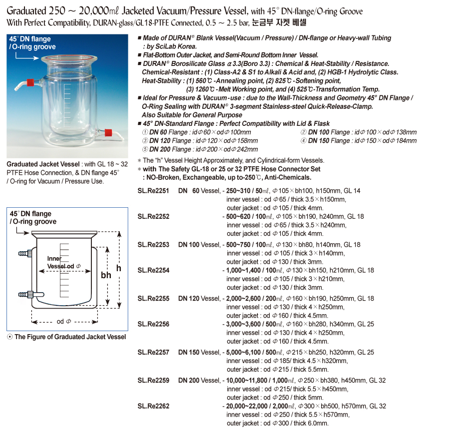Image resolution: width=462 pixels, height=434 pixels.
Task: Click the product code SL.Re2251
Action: (153, 191)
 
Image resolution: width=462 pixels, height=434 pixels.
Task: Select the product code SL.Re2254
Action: (153, 270)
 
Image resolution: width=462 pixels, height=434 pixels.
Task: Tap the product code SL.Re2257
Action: (153, 353)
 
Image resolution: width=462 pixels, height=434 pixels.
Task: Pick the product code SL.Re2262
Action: (153, 406)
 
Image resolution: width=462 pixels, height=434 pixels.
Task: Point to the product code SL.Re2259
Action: (153, 381)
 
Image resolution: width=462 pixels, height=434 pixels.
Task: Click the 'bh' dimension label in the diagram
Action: (106, 275)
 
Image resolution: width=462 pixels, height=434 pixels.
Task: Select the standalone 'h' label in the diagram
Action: (119, 268)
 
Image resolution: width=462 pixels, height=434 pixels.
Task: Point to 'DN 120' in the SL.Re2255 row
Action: (189, 299)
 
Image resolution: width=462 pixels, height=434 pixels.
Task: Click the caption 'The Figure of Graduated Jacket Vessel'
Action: (70, 337)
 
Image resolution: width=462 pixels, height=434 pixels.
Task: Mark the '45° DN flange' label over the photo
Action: (29, 38)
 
